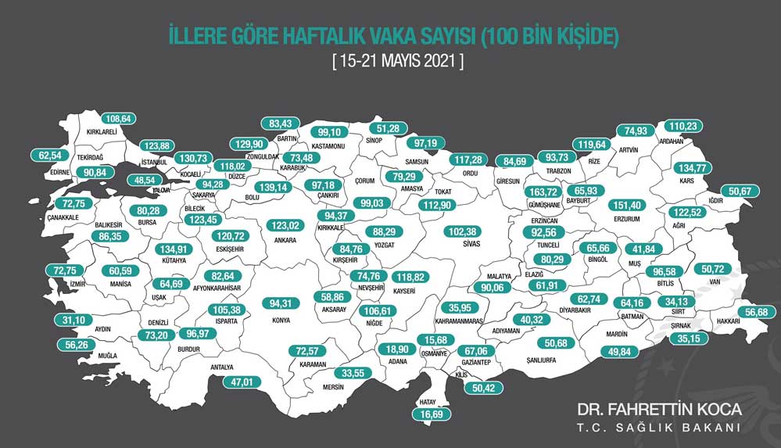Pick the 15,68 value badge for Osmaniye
coord(435,339)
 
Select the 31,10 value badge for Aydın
coord(52,321)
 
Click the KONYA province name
coord(280,320)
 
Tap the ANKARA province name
coord(285,240)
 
